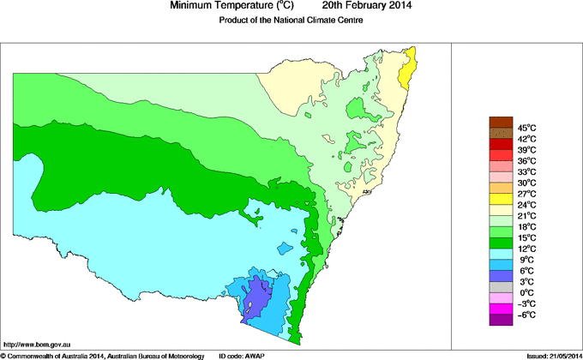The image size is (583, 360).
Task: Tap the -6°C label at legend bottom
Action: (x=526, y=315)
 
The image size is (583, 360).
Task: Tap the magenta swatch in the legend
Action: (x=501, y=309)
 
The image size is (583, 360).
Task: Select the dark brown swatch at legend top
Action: (x=501, y=122)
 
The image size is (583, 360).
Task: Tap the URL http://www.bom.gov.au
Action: (x=39, y=343)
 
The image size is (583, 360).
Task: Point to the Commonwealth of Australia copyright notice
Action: (x=103, y=355)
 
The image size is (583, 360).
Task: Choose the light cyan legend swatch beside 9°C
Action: (x=501, y=254)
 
